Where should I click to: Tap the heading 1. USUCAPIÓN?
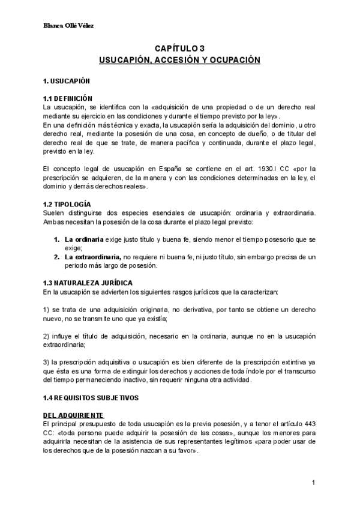[x=66, y=80]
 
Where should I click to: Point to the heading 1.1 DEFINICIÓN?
[x=68, y=97]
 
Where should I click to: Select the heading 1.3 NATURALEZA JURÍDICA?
[x=88, y=283]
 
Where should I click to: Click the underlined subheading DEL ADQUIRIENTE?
[x=73, y=415]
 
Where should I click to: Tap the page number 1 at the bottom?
[x=314, y=483]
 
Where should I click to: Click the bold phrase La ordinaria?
[x=84, y=239]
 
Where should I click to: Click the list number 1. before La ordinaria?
[x=57, y=239]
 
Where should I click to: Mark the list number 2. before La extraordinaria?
[x=57, y=257]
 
